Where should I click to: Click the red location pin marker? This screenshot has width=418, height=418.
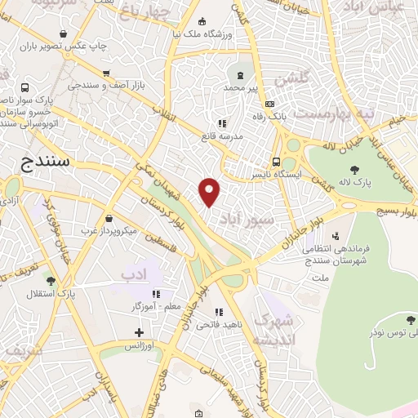pyautogui.click(x=210, y=191)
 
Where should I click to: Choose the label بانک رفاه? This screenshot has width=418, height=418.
pyautogui.click(x=290, y=115)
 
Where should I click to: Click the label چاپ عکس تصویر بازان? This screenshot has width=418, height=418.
pyautogui.click(x=64, y=46)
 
